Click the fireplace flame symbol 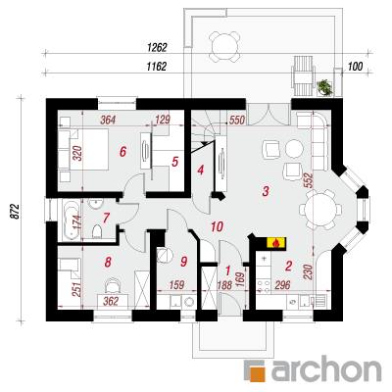[x=276, y=243]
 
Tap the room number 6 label [x=122, y=152]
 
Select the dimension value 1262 [x=157, y=48]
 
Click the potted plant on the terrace [x=324, y=87]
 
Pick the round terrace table [x=224, y=47]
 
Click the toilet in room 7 [x=97, y=232]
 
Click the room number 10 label [x=217, y=226]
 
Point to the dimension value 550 [x=237, y=121]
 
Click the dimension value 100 [x=356, y=67]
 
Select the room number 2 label [x=288, y=267]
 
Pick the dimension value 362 [x=111, y=301]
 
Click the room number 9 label [x=183, y=262]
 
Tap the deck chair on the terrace [x=304, y=75]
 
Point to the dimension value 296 [x=282, y=285]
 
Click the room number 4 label [x=201, y=170]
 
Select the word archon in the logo [x=326, y=370]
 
